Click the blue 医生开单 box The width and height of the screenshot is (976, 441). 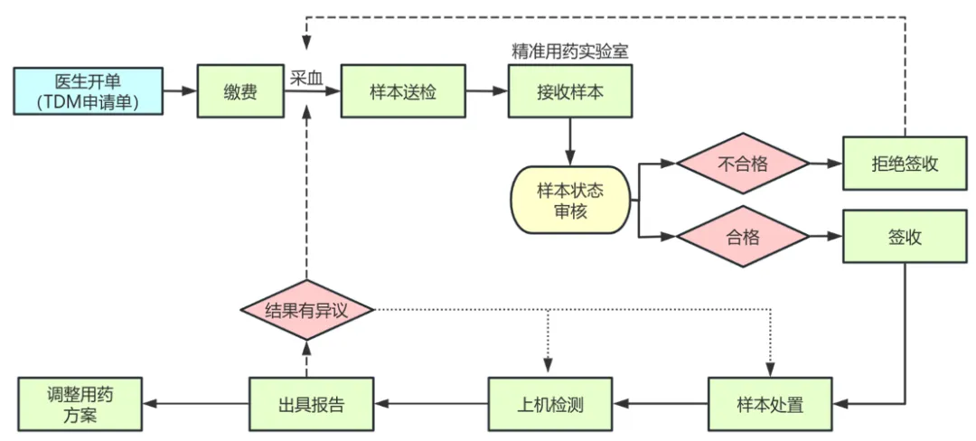click(x=88, y=90)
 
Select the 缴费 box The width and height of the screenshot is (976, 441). click(x=239, y=91)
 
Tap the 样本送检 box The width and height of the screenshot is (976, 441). click(x=402, y=91)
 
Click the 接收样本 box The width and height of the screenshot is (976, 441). click(x=569, y=91)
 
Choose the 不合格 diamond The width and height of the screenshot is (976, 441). click(x=742, y=164)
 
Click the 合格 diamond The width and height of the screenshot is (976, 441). click(x=742, y=238)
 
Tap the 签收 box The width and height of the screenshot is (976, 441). click(x=904, y=238)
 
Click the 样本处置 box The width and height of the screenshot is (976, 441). click(x=769, y=404)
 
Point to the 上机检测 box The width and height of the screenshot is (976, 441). click(x=549, y=404)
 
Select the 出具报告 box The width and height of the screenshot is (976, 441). click(x=309, y=404)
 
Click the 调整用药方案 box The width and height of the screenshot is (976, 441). click(x=80, y=404)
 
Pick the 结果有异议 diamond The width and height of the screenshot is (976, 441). click(x=306, y=311)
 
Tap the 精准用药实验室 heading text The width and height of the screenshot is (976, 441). click(x=569, y=52)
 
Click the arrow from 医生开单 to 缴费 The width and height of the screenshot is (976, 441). click(x=180, y=90)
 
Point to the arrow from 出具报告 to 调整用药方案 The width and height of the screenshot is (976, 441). click(x=196, y=404)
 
